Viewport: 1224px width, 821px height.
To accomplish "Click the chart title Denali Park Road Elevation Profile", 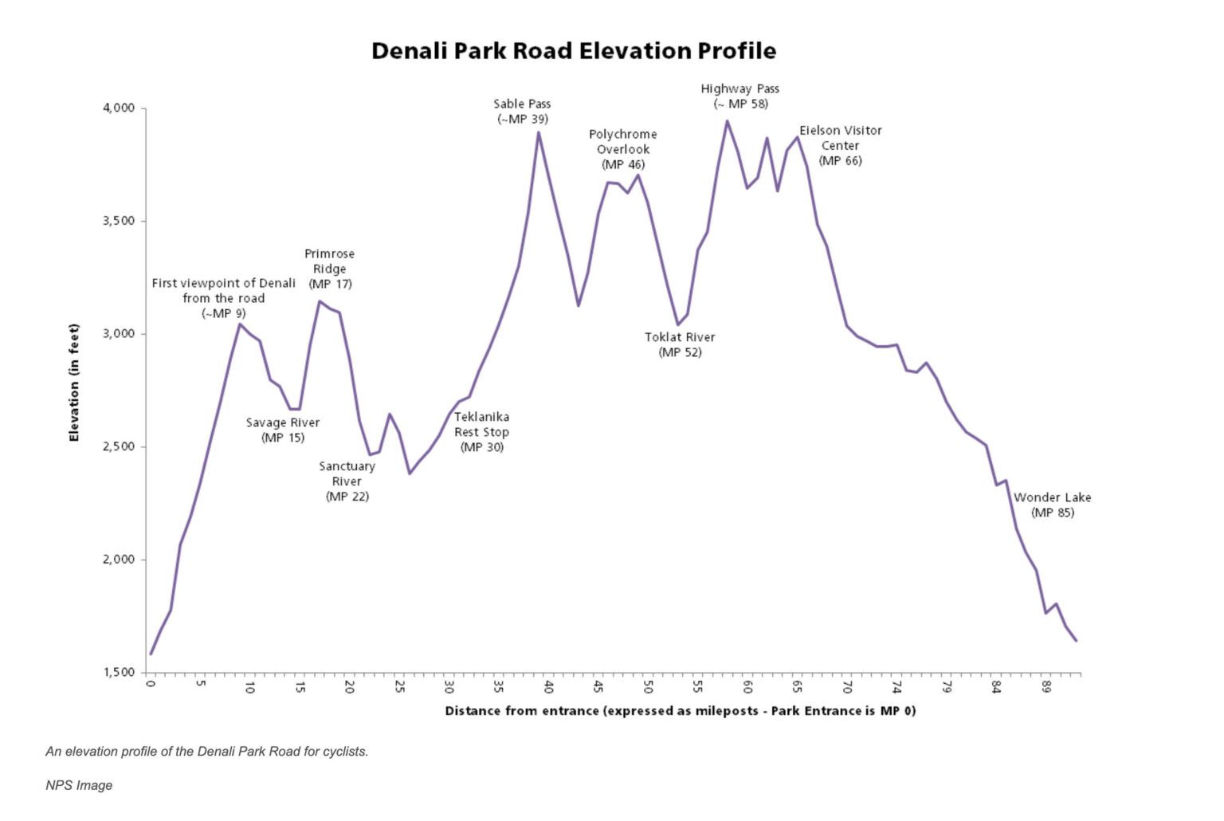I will pyautogui.click(x=573, y=51).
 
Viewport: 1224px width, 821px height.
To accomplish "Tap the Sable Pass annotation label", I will pyautogui.click(x=522, y=111).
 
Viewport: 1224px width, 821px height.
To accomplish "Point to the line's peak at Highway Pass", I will pyautogui.click(x=727, y=121).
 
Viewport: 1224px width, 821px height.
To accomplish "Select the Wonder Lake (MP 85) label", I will pyautogui.click(x=1052, y=505).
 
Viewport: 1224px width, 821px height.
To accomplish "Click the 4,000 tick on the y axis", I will pyautogui.click(x=119, y=108).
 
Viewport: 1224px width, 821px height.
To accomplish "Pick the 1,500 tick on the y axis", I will pyautogui.click(x=119, y=673).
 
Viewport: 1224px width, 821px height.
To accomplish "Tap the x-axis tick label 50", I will pyautogui.click(x=648, y=687).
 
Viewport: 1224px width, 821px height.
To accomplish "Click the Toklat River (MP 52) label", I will pyautogui.click(x=680, y=344).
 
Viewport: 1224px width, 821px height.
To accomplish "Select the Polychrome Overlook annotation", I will pyautogui.click(x=622, y=149).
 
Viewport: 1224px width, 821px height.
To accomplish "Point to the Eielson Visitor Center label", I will pyautogui.click(x=840, y=145).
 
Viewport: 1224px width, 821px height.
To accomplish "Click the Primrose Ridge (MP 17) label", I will pyautogui.click(x=329, y=269).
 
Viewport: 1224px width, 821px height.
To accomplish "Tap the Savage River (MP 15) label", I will pyautogui.click(x=282, y=430).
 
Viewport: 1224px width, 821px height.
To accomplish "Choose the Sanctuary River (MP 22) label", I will pyautogui.click(x=347, y=481).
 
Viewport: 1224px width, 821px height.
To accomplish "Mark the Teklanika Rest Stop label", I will pyautogui.click(x=481, y=431).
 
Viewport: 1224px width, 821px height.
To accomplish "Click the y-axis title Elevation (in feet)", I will pyautogui.click(x=74, y=383).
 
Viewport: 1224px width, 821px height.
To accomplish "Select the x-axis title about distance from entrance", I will pyautogui.click(x=680, y=710).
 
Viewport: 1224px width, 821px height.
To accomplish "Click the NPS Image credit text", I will pyautogui.click(x=79, y=785).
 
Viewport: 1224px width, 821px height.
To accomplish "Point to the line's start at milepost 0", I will pyautogui.click(x=151, y=654).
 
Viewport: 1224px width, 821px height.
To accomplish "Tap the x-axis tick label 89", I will pyautogui.click(x=1046, y=687).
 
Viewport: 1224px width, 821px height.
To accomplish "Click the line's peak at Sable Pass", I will pyautogui.click(x=539, y=132).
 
